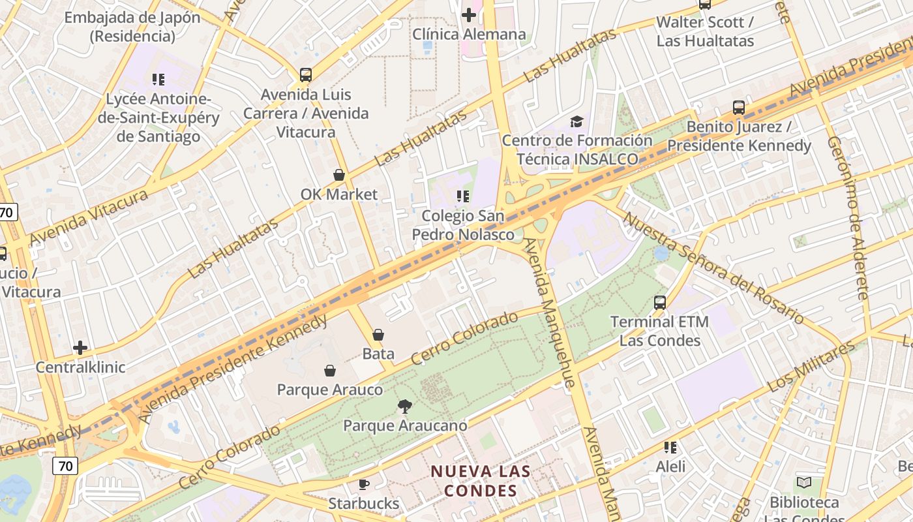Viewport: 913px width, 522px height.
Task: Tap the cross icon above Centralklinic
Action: click(x=80, y=347)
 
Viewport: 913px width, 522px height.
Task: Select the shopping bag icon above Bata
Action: click(x=378, y=335)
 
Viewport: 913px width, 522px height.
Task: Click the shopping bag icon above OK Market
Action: click(x=339, y=175)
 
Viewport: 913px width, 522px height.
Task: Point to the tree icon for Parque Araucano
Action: click(x=405, y=407)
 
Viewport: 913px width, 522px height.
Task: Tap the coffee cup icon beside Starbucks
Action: click(x=364, y=484)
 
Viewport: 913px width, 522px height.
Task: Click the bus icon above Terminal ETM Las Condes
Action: click(x=660, y=302)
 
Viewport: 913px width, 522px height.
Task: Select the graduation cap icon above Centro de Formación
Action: click(x=576, y=121)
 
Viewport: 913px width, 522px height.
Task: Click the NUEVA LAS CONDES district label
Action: click(x=481, y=480)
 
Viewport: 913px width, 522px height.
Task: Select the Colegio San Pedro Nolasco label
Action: click(x=463, y=224)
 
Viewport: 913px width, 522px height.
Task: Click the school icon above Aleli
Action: click(x=670, y=448)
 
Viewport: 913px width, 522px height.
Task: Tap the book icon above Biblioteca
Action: click(x=804, y=483)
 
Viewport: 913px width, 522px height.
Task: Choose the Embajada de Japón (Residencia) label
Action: click(x=132, y=26)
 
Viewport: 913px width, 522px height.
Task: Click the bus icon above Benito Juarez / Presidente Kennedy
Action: click(x=739, y=108)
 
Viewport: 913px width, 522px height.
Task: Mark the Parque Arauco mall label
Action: click(x=330, y=390)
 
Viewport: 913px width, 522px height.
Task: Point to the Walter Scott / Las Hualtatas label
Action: click(x=705, y=31)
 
